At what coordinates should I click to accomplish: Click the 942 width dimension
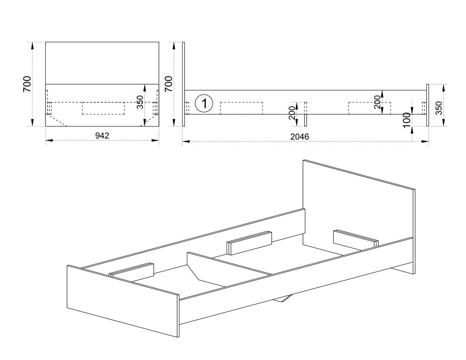102,136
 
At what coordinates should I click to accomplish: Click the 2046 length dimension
300,136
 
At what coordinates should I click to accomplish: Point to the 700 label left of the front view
27,84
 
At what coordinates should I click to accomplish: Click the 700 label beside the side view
169,84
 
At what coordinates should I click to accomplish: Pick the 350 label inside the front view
140,102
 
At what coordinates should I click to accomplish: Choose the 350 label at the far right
439,109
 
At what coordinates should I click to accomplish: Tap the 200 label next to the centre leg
293,113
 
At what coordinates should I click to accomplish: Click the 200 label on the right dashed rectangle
377,102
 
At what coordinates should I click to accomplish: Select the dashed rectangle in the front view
103,108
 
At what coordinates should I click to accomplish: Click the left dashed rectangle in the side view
241,108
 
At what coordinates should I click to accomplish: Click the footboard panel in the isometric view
123,301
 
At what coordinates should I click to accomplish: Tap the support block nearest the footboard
131,271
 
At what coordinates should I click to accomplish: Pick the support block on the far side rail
249,243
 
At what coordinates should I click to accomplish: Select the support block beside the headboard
356,240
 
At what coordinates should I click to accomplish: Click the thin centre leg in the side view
306,115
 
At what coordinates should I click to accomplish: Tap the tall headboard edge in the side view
183,84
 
